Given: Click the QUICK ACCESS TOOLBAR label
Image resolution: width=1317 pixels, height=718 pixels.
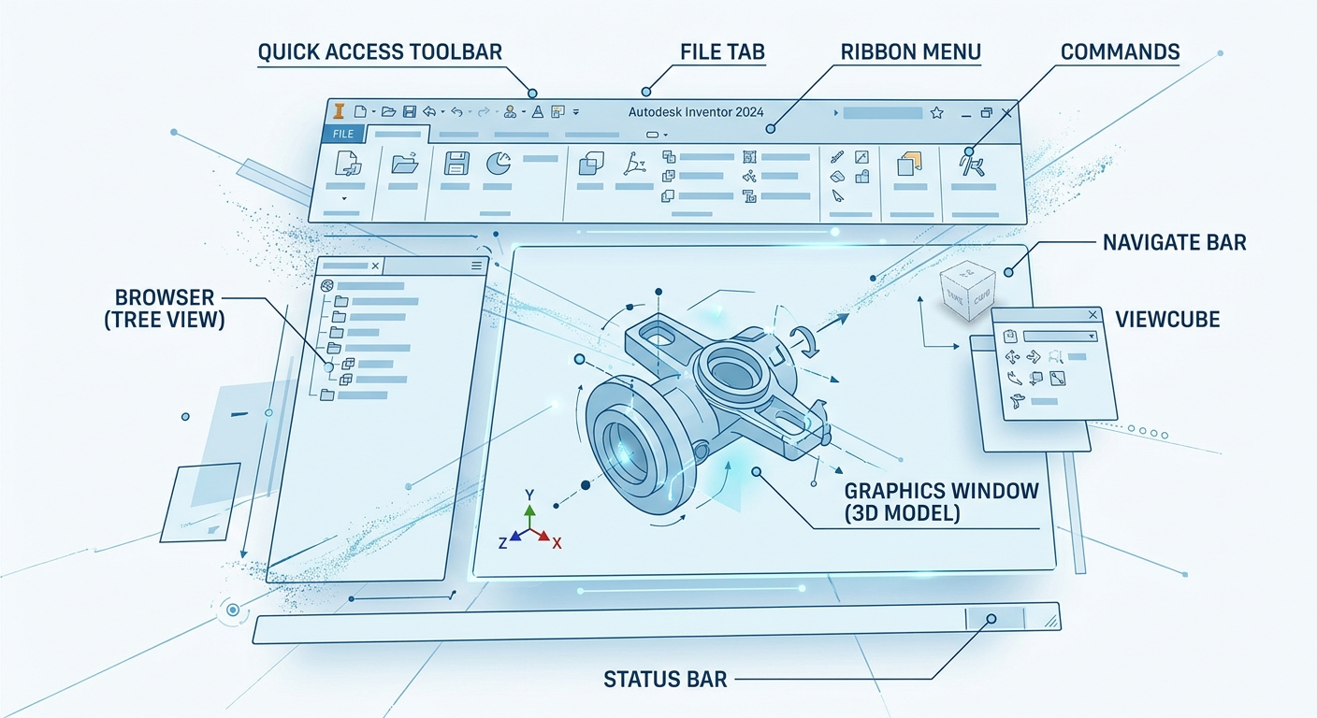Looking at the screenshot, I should pyautogui.click(x=380, y=51).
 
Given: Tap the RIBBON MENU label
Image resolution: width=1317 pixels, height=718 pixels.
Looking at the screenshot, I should pyautogui.click(x=910, y=51).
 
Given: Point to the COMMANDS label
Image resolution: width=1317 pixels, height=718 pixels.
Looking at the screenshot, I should pyautogui.click(x=1120, y=51).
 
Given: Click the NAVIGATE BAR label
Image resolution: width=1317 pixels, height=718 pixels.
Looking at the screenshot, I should pyautogui.click(x=1174, y=243).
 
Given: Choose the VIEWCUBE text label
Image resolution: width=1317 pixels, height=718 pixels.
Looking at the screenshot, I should pyautogui.click(x=1167, y=320).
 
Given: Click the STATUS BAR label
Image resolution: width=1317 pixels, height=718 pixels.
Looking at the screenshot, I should pyautogui.click(x=665, y=679).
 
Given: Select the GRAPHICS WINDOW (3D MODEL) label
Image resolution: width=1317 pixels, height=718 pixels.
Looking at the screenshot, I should pyautogui.click(x=941, y=502).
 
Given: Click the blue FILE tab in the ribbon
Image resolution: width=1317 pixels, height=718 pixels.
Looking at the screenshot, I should pyautogui.click(x=343, y=135).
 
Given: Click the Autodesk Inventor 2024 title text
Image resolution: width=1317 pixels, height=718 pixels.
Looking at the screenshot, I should pyautogui.click(x=696, y=112).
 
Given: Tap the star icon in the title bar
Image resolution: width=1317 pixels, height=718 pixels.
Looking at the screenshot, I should pyautogui.click(x=936, y=113).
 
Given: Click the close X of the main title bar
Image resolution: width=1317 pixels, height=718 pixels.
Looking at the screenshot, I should pyautogui.click(x=1006, y=113).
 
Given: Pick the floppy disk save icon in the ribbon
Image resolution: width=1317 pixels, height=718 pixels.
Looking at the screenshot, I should pyautogui.click(x=456, y=165).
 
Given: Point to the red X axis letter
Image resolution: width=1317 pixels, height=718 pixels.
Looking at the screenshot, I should pyautogui.click(x=557, y=543).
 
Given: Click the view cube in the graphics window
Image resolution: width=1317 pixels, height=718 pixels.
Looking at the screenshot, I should pyautogui.click(x=964, y=290).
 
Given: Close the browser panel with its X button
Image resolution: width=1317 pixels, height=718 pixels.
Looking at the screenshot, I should pyautogui.click(x=375, y=266).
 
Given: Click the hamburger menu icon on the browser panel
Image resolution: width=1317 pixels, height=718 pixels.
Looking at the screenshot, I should pyautogui.click(x=476, y=266).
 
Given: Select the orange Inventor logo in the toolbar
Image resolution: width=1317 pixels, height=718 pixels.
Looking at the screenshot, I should pyautogui.click(x=340, y=111).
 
